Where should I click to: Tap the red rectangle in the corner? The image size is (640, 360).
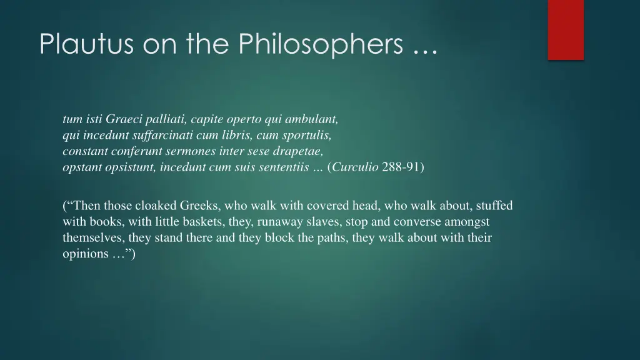pos(566,29)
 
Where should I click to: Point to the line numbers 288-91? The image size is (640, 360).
pos(401,167)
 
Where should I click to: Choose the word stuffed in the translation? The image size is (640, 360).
pos(493,205)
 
